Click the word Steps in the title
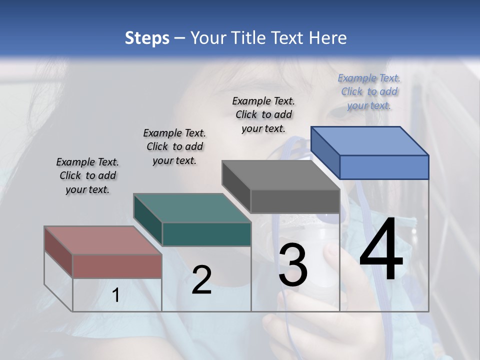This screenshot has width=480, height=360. tap(147, 38)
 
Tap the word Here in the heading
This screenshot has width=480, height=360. tap(327, 38)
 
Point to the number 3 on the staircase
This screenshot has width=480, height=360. tap(293, 265)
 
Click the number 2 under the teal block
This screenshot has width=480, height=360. tap(201, 280)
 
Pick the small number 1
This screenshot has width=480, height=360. tap(115, 295)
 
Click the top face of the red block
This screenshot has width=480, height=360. tap(102, 240)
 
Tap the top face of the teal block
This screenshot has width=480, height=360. tap(192, 207)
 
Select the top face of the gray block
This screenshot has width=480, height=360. tap(280, 175)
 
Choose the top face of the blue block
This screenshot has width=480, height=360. tap(369, 140)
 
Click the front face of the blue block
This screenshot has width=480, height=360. tap(384, 167)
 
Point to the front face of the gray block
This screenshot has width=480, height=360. tap(295, 201)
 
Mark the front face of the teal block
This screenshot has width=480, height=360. tap(206, 234)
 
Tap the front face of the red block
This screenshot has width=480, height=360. tap(117, 266)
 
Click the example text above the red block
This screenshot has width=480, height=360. tap(87, 175)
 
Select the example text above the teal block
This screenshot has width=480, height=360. tap(174, 146)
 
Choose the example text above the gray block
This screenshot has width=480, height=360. tap(263, 114)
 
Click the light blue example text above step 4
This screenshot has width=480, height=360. tap(369, 91)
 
